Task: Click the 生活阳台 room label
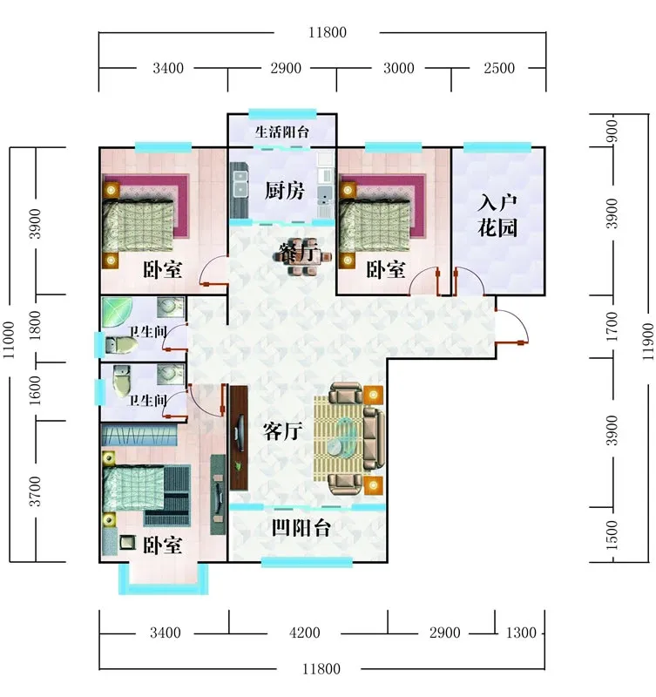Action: (281, 132)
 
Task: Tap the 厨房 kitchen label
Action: (285, 190)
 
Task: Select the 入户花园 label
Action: (497, 215)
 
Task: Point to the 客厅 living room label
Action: (282, 430)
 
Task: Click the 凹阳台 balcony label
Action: (301, 528)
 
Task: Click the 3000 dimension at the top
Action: (399, 68)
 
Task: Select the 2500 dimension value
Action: (499, 68)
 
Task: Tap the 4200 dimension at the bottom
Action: (304, 633)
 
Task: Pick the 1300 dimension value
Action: (521, 633)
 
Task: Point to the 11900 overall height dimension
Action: (647, 342)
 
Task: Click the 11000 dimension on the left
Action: (9, 340)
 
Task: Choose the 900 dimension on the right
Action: (612, 131)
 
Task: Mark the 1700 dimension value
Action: (612, 327)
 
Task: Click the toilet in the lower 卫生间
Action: (121, 381)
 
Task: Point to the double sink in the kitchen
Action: (240, 184)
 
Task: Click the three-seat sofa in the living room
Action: (374, 438)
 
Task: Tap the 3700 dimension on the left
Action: (35, 491)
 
